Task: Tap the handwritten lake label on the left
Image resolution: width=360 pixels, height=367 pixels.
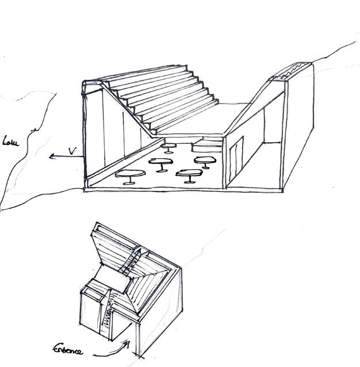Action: click(x=12, y=140)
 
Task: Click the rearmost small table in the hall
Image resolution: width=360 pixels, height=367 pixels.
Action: click(x=168, y=147)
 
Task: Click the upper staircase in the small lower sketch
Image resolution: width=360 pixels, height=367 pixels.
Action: click(x=132, y=262)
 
